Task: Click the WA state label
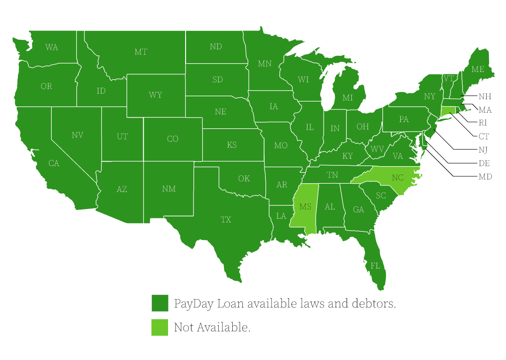52,47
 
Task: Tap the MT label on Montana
141,52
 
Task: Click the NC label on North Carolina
398,178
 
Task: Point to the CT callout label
483,137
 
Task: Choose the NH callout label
485,97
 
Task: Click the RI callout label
483,123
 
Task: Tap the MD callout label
485,177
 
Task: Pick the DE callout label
484,163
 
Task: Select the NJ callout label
483,150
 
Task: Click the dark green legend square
160,303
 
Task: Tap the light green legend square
160,327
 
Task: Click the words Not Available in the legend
212,328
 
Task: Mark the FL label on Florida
375,266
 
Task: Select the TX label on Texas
226,220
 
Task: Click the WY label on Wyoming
156,95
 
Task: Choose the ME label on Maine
477,69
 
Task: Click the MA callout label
485,110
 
